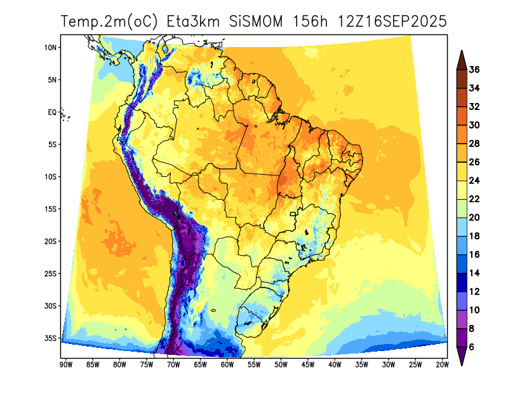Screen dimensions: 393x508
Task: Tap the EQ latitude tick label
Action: (x=53, y=112)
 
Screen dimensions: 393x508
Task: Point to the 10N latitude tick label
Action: (x=51, y=47)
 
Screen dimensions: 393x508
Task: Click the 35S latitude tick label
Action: (x=51, y=338)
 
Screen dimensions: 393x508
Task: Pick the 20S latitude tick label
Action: (x=51, y=241)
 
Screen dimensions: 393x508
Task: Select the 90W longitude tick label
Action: (x=65, y=364)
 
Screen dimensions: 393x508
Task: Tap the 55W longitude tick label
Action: (x=253, y=364)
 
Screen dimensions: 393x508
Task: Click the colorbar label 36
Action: (x=474, y=70)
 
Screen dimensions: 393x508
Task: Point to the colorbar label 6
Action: (x=472, y=347)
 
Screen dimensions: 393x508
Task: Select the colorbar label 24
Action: (x=474, y=181)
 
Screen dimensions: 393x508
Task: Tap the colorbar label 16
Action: (x=474, y=254)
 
